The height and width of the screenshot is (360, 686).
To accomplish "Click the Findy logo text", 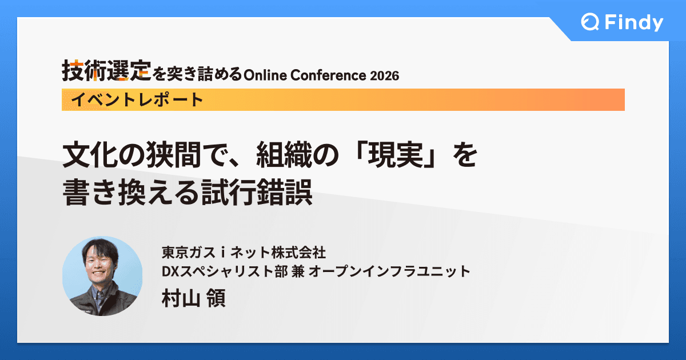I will coord(632,23).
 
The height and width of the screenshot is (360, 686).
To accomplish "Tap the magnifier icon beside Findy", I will coord(589,23).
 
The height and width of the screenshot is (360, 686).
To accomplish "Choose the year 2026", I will coord(384,75).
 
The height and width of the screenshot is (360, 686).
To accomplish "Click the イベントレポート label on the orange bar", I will coord(137,100).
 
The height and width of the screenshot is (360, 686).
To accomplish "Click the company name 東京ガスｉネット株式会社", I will coord(244,252).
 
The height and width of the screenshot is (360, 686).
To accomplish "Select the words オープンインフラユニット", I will coord(389,271).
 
